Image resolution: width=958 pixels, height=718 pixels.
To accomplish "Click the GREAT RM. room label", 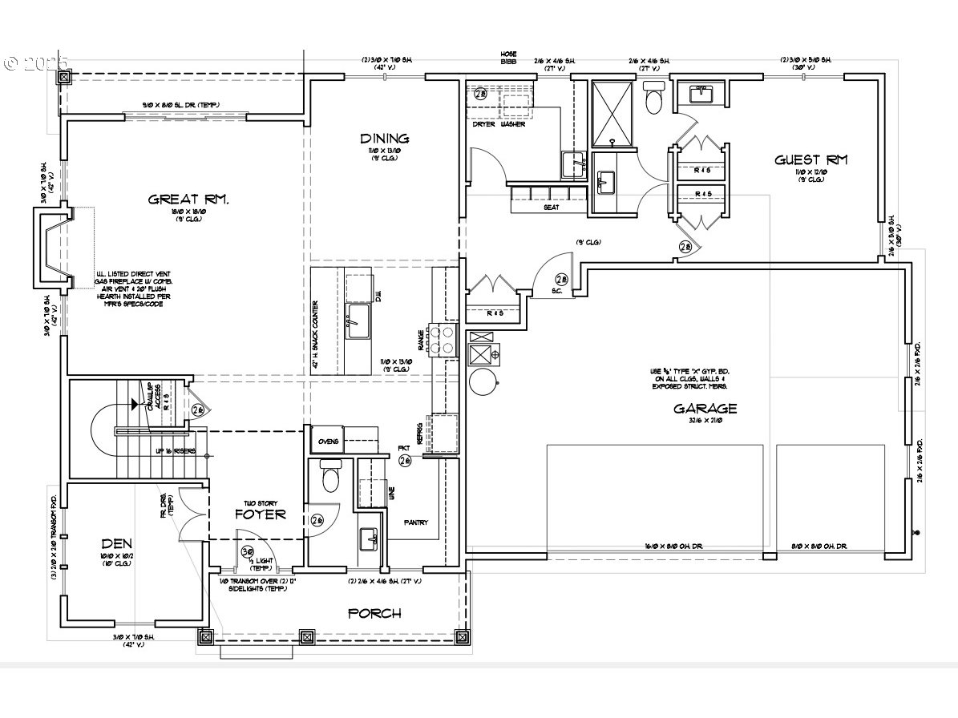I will pos(189,199).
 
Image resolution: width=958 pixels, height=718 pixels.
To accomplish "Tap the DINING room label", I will pos(384,138).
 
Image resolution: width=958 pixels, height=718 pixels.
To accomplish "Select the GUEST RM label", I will pos(810,159).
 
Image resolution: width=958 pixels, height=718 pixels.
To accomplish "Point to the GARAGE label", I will pos(705,408).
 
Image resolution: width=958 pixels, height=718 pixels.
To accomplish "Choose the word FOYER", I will pos(260,514).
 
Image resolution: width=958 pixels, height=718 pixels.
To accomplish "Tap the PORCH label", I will pos(374,613).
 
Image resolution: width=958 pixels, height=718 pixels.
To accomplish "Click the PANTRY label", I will pos(416,522).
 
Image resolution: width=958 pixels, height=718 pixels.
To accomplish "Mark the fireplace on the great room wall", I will pos(51,248).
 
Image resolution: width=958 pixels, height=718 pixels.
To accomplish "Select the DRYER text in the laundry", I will pos(483,124).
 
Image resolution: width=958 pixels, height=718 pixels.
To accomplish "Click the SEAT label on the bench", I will pos(550,207).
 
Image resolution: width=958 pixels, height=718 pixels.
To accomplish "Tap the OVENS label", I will pos(329,442).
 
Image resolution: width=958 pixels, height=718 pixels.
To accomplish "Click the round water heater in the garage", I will pos(483,381).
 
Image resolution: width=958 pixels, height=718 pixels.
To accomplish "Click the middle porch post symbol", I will pos(305,637).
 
